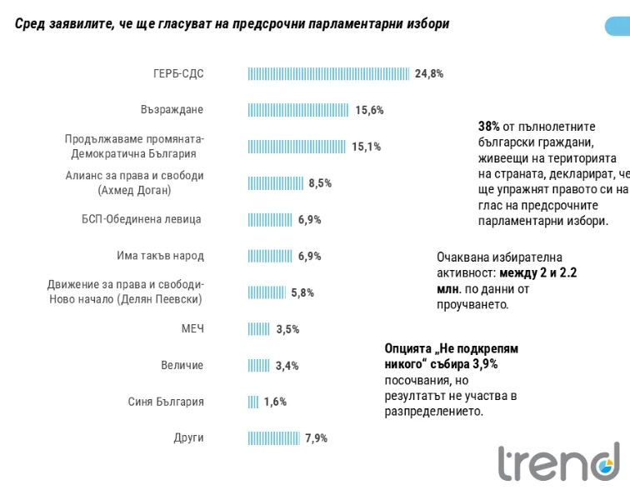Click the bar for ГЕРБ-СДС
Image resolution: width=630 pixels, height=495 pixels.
click(x=328, y=74)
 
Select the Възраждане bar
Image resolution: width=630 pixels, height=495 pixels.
click(x=298, y=110)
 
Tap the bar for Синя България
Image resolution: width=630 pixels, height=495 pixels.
click(x=253, y=402)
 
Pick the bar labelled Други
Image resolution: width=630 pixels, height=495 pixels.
click(x=274, y=438)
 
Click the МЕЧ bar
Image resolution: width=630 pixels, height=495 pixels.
click(x=258, y=329)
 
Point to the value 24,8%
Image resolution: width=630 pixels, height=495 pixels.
click(x=429, y=74)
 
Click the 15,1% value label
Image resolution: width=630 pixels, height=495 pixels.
click(x=367, y=147)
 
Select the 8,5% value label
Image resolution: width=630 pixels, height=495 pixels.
click(x=320, y=183)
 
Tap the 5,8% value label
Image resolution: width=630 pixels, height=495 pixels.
click(x=302, y=292)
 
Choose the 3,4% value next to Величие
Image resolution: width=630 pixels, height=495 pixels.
click(x=287, y=366)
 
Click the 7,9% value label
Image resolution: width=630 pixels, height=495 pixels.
click(x=316, y=438)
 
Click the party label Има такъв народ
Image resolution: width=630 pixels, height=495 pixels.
click(x=160, y=256)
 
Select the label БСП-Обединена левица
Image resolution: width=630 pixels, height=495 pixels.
click(x=142, y=219)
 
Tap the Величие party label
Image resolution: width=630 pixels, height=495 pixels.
click(x=182, y=365)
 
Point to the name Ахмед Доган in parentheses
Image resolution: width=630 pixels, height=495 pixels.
click(x=135, y=190)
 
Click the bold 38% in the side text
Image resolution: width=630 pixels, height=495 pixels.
click(x=489, y=127)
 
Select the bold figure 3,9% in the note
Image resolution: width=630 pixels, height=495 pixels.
click(x=485, y=364)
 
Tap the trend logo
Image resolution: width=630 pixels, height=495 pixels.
click(x=559, y=462)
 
